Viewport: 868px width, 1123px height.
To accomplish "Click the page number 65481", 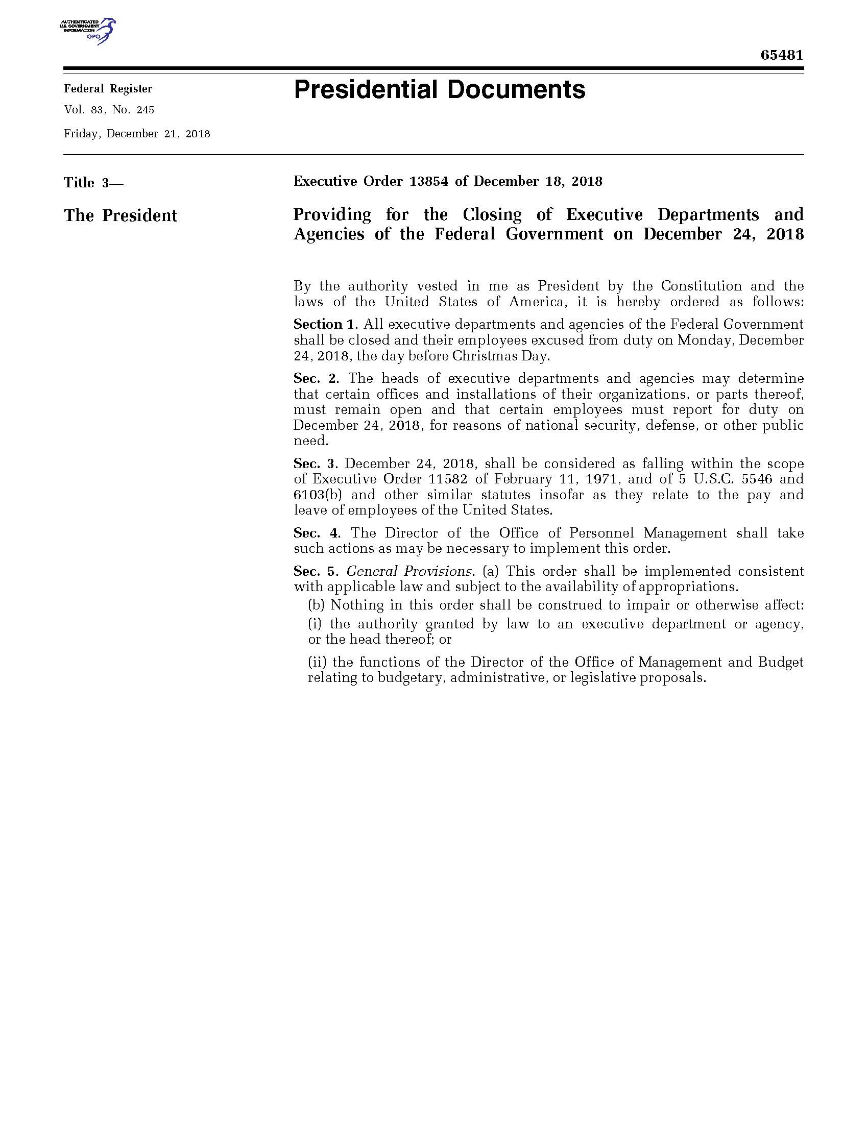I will click(x=782, y=56).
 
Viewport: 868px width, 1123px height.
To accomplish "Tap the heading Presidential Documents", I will click(x=439, y=90).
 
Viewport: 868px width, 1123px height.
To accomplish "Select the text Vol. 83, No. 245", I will click(x=109, y=110).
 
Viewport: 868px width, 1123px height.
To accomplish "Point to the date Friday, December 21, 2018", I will click(x=137, y=134).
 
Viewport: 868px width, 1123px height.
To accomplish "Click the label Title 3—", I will click(x=93, y=183).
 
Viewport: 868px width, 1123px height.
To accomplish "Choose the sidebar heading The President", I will click(x=120, y=215).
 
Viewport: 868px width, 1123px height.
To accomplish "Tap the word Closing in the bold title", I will click(x=492, y=214).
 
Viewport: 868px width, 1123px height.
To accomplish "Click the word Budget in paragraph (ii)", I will click(x=781, y=662).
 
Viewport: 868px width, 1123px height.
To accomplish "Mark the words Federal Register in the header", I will click(x=108, y=89).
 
